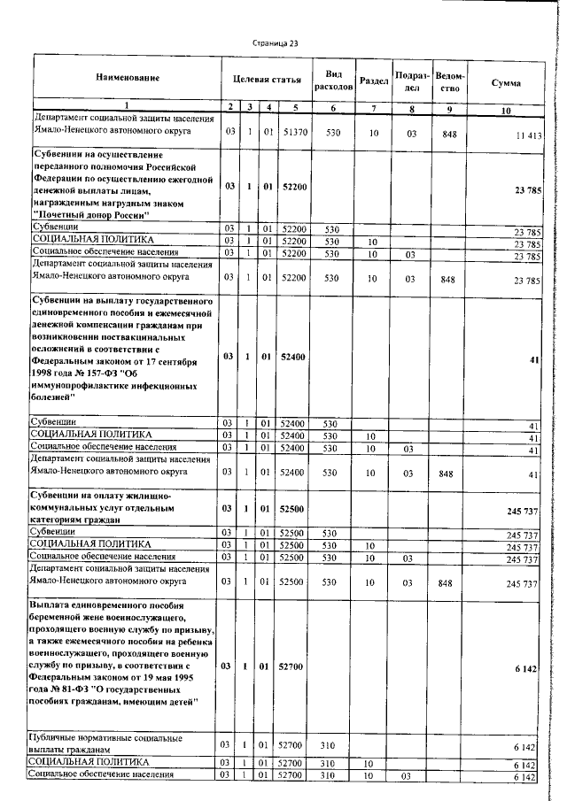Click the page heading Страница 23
point(276,42)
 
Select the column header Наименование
point(127,79)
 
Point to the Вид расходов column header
point(333,81)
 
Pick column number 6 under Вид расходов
point(333,108)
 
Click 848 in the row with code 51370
point(450,133)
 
